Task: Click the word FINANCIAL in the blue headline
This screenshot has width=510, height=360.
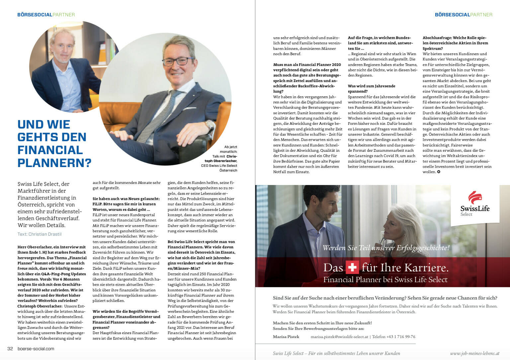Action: tap(50, 150)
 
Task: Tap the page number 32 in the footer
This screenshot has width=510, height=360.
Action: tap(10, 349)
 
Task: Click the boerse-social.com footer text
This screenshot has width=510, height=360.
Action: tap(36, 349)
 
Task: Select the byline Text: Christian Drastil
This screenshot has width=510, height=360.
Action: tap(40, 234)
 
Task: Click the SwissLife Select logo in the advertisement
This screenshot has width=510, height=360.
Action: tap(474, 204)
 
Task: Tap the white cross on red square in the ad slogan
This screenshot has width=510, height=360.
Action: tap(352, 267)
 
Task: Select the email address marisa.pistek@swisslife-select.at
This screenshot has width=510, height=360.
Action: tap(339, 337)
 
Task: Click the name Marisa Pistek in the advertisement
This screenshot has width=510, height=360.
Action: tap(286, 337)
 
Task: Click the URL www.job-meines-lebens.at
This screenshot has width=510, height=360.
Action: tap(474, 353)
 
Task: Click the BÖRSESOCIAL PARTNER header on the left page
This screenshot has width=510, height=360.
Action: tap(46, 15)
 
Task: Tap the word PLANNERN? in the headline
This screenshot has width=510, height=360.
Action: tap(54, 163)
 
